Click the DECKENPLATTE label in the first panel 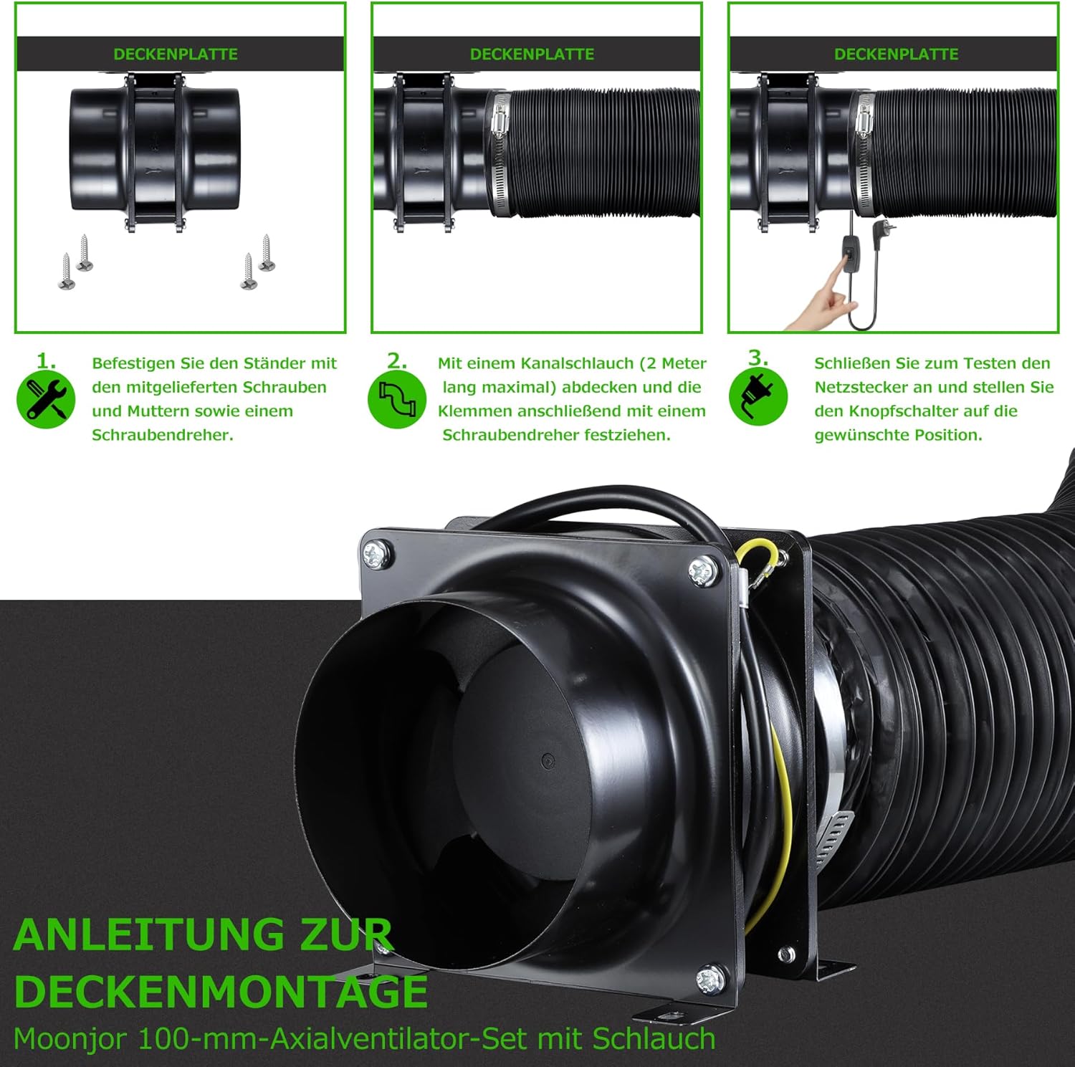(176, 54)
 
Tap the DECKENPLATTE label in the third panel (896, 54)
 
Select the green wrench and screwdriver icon (46, 399)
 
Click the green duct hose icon (397, 399)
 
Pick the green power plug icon (758, 397)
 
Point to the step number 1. (46, 360)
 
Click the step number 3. (758, 358)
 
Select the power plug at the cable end (879, 232)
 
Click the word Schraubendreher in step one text (162, 435)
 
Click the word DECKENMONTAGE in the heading (221, 992)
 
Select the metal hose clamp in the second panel (500, 154)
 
